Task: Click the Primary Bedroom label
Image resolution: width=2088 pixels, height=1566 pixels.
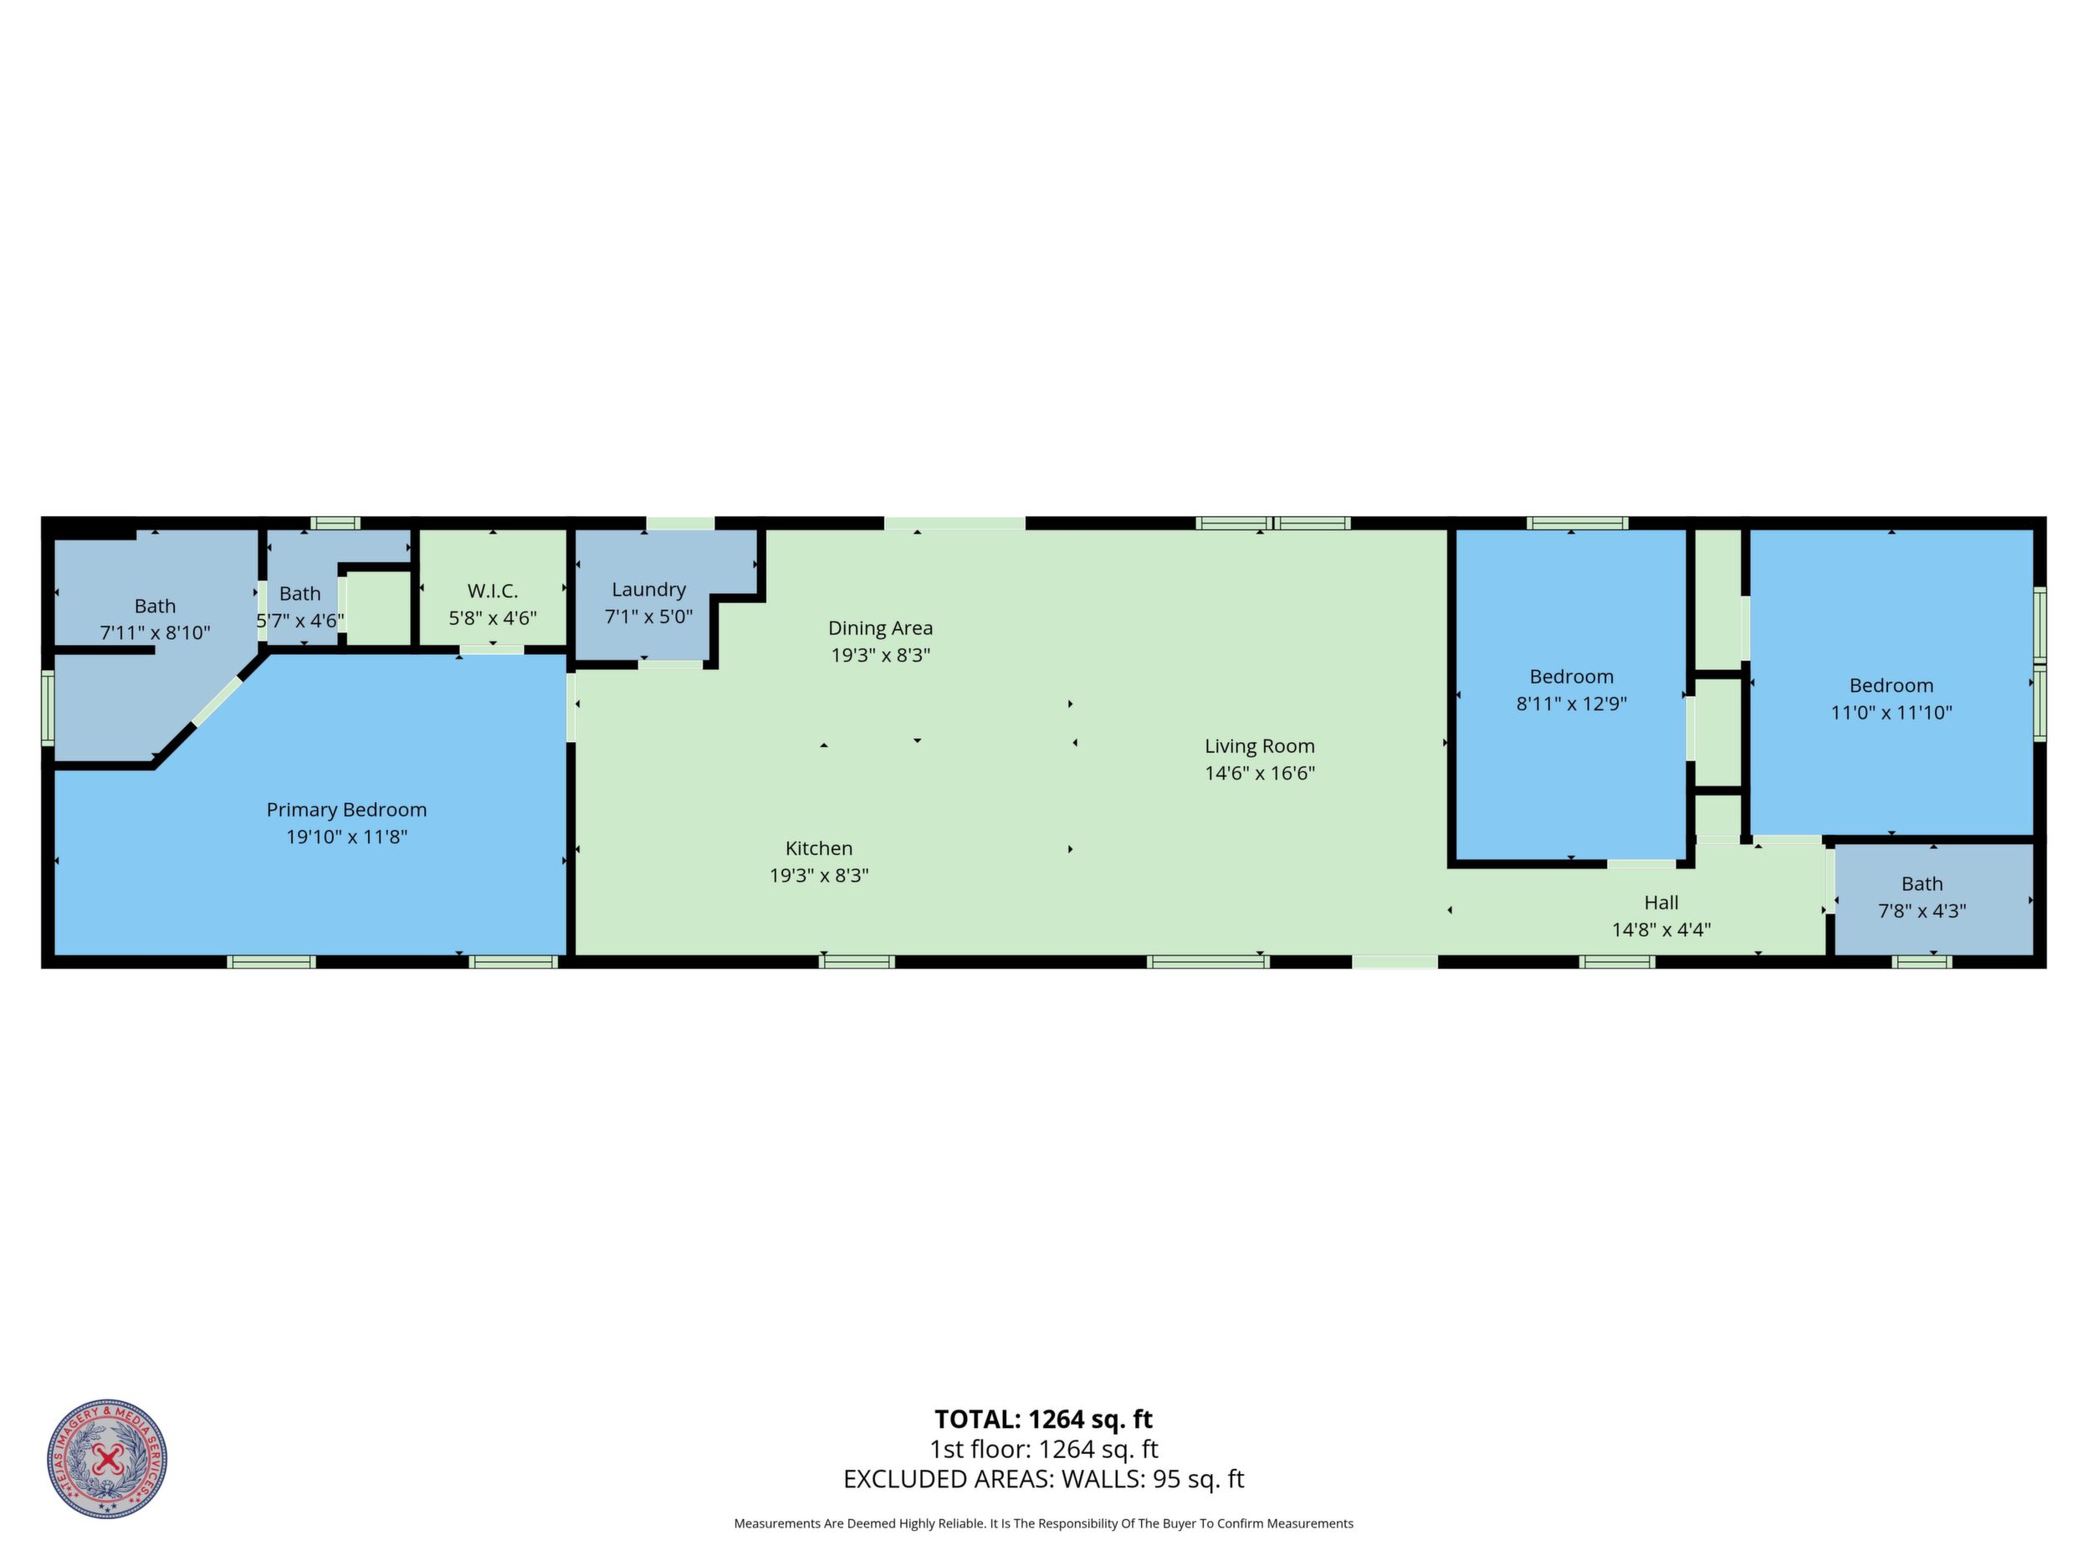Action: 346,810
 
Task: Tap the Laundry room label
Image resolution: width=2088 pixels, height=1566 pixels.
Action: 648,590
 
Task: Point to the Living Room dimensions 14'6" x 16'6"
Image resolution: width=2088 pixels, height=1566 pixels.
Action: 1259,773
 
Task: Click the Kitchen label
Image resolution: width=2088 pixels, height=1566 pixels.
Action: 818,848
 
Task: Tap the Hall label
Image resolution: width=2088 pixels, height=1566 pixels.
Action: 1661,903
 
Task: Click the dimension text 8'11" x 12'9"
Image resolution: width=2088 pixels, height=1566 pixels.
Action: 1572,704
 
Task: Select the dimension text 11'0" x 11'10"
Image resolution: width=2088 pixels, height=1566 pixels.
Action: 1891,713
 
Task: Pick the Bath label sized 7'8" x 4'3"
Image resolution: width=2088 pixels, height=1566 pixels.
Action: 1922,884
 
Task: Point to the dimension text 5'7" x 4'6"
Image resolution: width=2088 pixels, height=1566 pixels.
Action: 300,621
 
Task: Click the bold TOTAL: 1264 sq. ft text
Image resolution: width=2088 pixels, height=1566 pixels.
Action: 1044,1420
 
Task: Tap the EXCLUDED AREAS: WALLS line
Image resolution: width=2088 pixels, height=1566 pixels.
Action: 1044,1479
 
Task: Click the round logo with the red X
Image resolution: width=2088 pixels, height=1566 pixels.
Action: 108,1459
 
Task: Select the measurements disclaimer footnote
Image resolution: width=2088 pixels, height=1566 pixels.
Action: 1044,1523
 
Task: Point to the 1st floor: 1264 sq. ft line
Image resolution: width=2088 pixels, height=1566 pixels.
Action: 1044,1449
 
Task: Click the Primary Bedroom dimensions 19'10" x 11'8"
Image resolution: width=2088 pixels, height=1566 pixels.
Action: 346,837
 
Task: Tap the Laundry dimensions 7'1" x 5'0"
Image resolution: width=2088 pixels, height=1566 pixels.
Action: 648,617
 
